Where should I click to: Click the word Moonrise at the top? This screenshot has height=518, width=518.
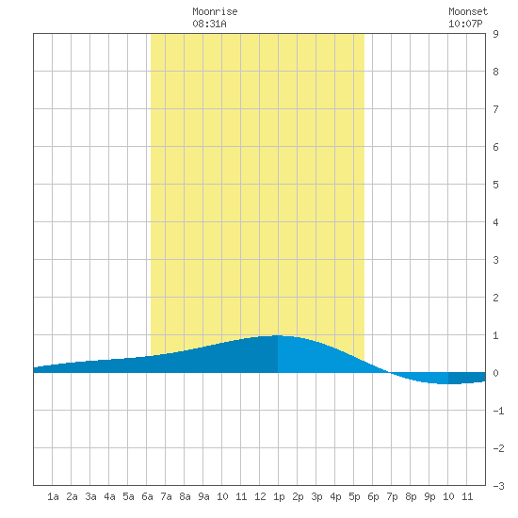[215, 11]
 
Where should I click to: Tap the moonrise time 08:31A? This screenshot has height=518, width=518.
[209, 24]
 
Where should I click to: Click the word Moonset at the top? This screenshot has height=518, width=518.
[468, 11]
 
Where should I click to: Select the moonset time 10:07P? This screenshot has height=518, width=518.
[465, 24]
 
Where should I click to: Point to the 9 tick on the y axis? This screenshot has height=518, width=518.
[495, 34]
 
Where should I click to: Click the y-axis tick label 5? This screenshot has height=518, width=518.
[495, 185]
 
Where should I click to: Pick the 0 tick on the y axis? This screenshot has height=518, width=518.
[495, 373]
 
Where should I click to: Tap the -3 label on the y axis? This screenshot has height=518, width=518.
[498, 486]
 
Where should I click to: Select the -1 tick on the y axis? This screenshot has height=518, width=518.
[498, 411]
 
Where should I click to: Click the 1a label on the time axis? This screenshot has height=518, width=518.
[53, 496]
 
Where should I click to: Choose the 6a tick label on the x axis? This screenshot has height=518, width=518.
[147, 496]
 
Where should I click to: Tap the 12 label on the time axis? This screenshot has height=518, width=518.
[260, 496]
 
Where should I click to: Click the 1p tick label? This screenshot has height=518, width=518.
[279, 496]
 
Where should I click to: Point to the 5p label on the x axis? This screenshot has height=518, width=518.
[354, 496]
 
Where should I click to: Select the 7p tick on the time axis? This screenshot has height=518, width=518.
[392, 496]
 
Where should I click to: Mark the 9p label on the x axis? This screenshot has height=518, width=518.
[429, 496]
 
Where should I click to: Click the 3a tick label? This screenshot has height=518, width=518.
[90, 496]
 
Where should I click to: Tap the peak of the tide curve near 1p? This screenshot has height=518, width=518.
[277, 335]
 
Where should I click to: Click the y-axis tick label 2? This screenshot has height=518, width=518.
[495, 298]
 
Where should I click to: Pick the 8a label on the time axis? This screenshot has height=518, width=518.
[185, 496]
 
